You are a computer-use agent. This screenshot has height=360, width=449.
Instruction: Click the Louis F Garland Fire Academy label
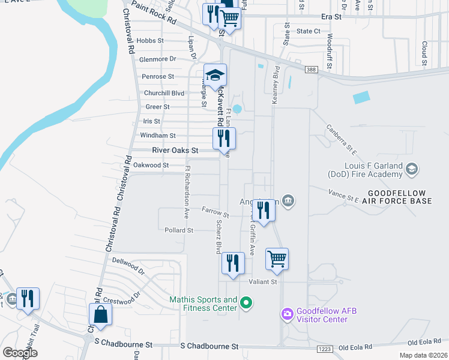(364, 169)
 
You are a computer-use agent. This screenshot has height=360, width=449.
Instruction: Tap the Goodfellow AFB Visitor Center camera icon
(287, 313)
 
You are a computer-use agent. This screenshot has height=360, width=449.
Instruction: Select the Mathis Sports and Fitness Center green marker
(245, 304)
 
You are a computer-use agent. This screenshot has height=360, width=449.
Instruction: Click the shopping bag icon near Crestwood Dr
(100, 316)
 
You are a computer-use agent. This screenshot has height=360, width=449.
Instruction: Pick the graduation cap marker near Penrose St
(215, 76)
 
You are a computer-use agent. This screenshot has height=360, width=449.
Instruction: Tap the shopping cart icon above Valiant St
(277, 260)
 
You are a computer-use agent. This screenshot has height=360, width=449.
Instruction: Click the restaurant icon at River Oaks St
(224, 139)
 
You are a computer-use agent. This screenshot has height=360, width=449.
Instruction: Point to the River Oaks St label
(175, 150)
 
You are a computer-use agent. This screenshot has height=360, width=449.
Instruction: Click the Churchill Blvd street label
(164, 93)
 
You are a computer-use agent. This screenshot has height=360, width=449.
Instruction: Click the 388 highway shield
(310, 70)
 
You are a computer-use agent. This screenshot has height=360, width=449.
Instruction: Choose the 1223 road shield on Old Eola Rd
(324, 349)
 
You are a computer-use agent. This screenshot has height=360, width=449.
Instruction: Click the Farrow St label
(215, 212)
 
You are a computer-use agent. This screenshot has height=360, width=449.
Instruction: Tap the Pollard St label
(179, 230)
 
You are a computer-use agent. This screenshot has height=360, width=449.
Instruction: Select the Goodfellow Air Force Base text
(399, 197)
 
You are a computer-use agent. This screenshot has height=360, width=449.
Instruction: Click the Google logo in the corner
(20, 352)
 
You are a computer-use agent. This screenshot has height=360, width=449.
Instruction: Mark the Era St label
(331, 17)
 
